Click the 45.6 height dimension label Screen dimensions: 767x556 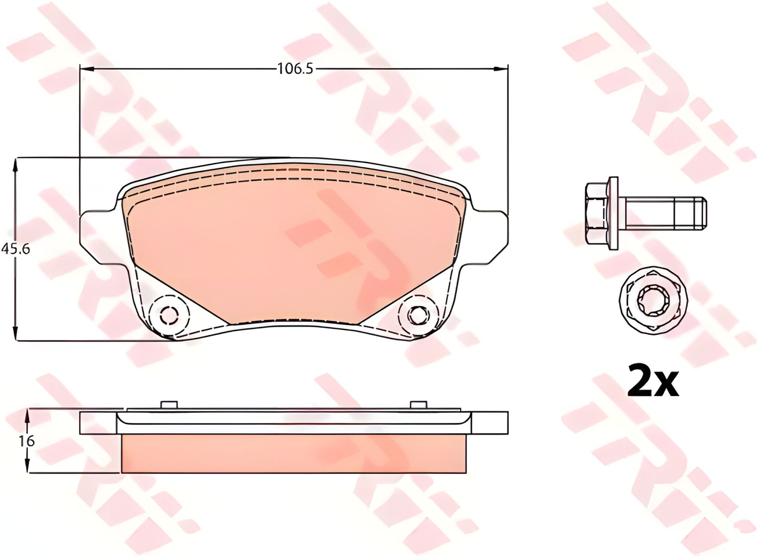[x=16, y=249]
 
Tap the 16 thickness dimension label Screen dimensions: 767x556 [x=27, y=441]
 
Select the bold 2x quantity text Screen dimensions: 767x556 [x=653, y=380]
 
